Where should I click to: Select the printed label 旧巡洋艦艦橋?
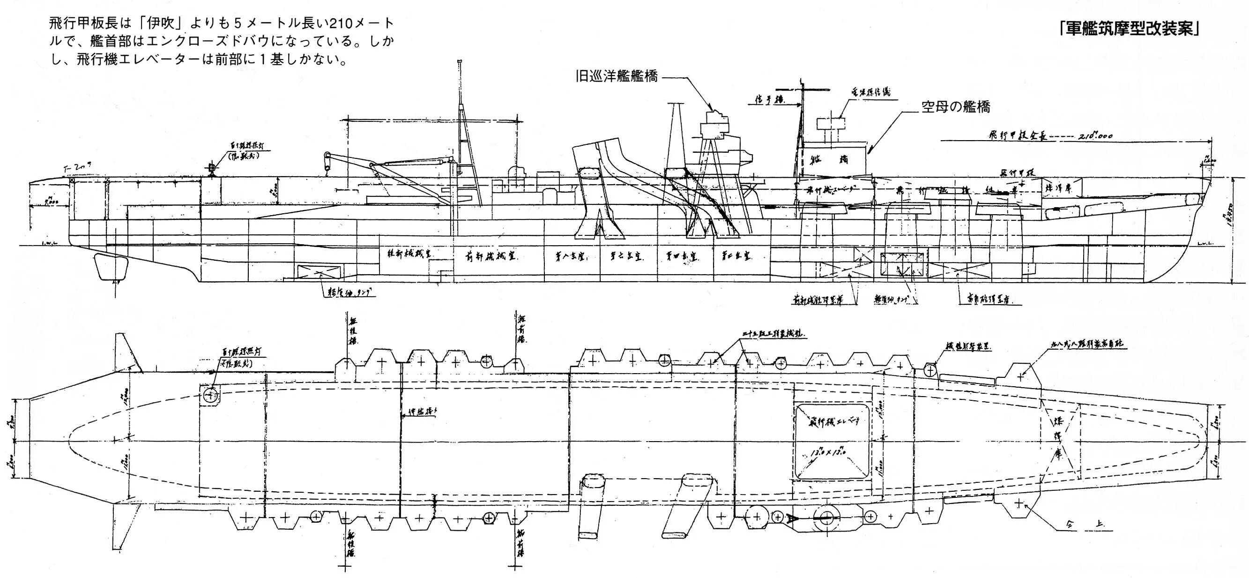pos(616,77)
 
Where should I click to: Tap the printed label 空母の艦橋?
pos(956,106)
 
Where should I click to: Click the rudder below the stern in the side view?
pos(112,267)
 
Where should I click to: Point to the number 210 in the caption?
pos(342,23)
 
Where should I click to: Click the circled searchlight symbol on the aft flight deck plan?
pos(210,395)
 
